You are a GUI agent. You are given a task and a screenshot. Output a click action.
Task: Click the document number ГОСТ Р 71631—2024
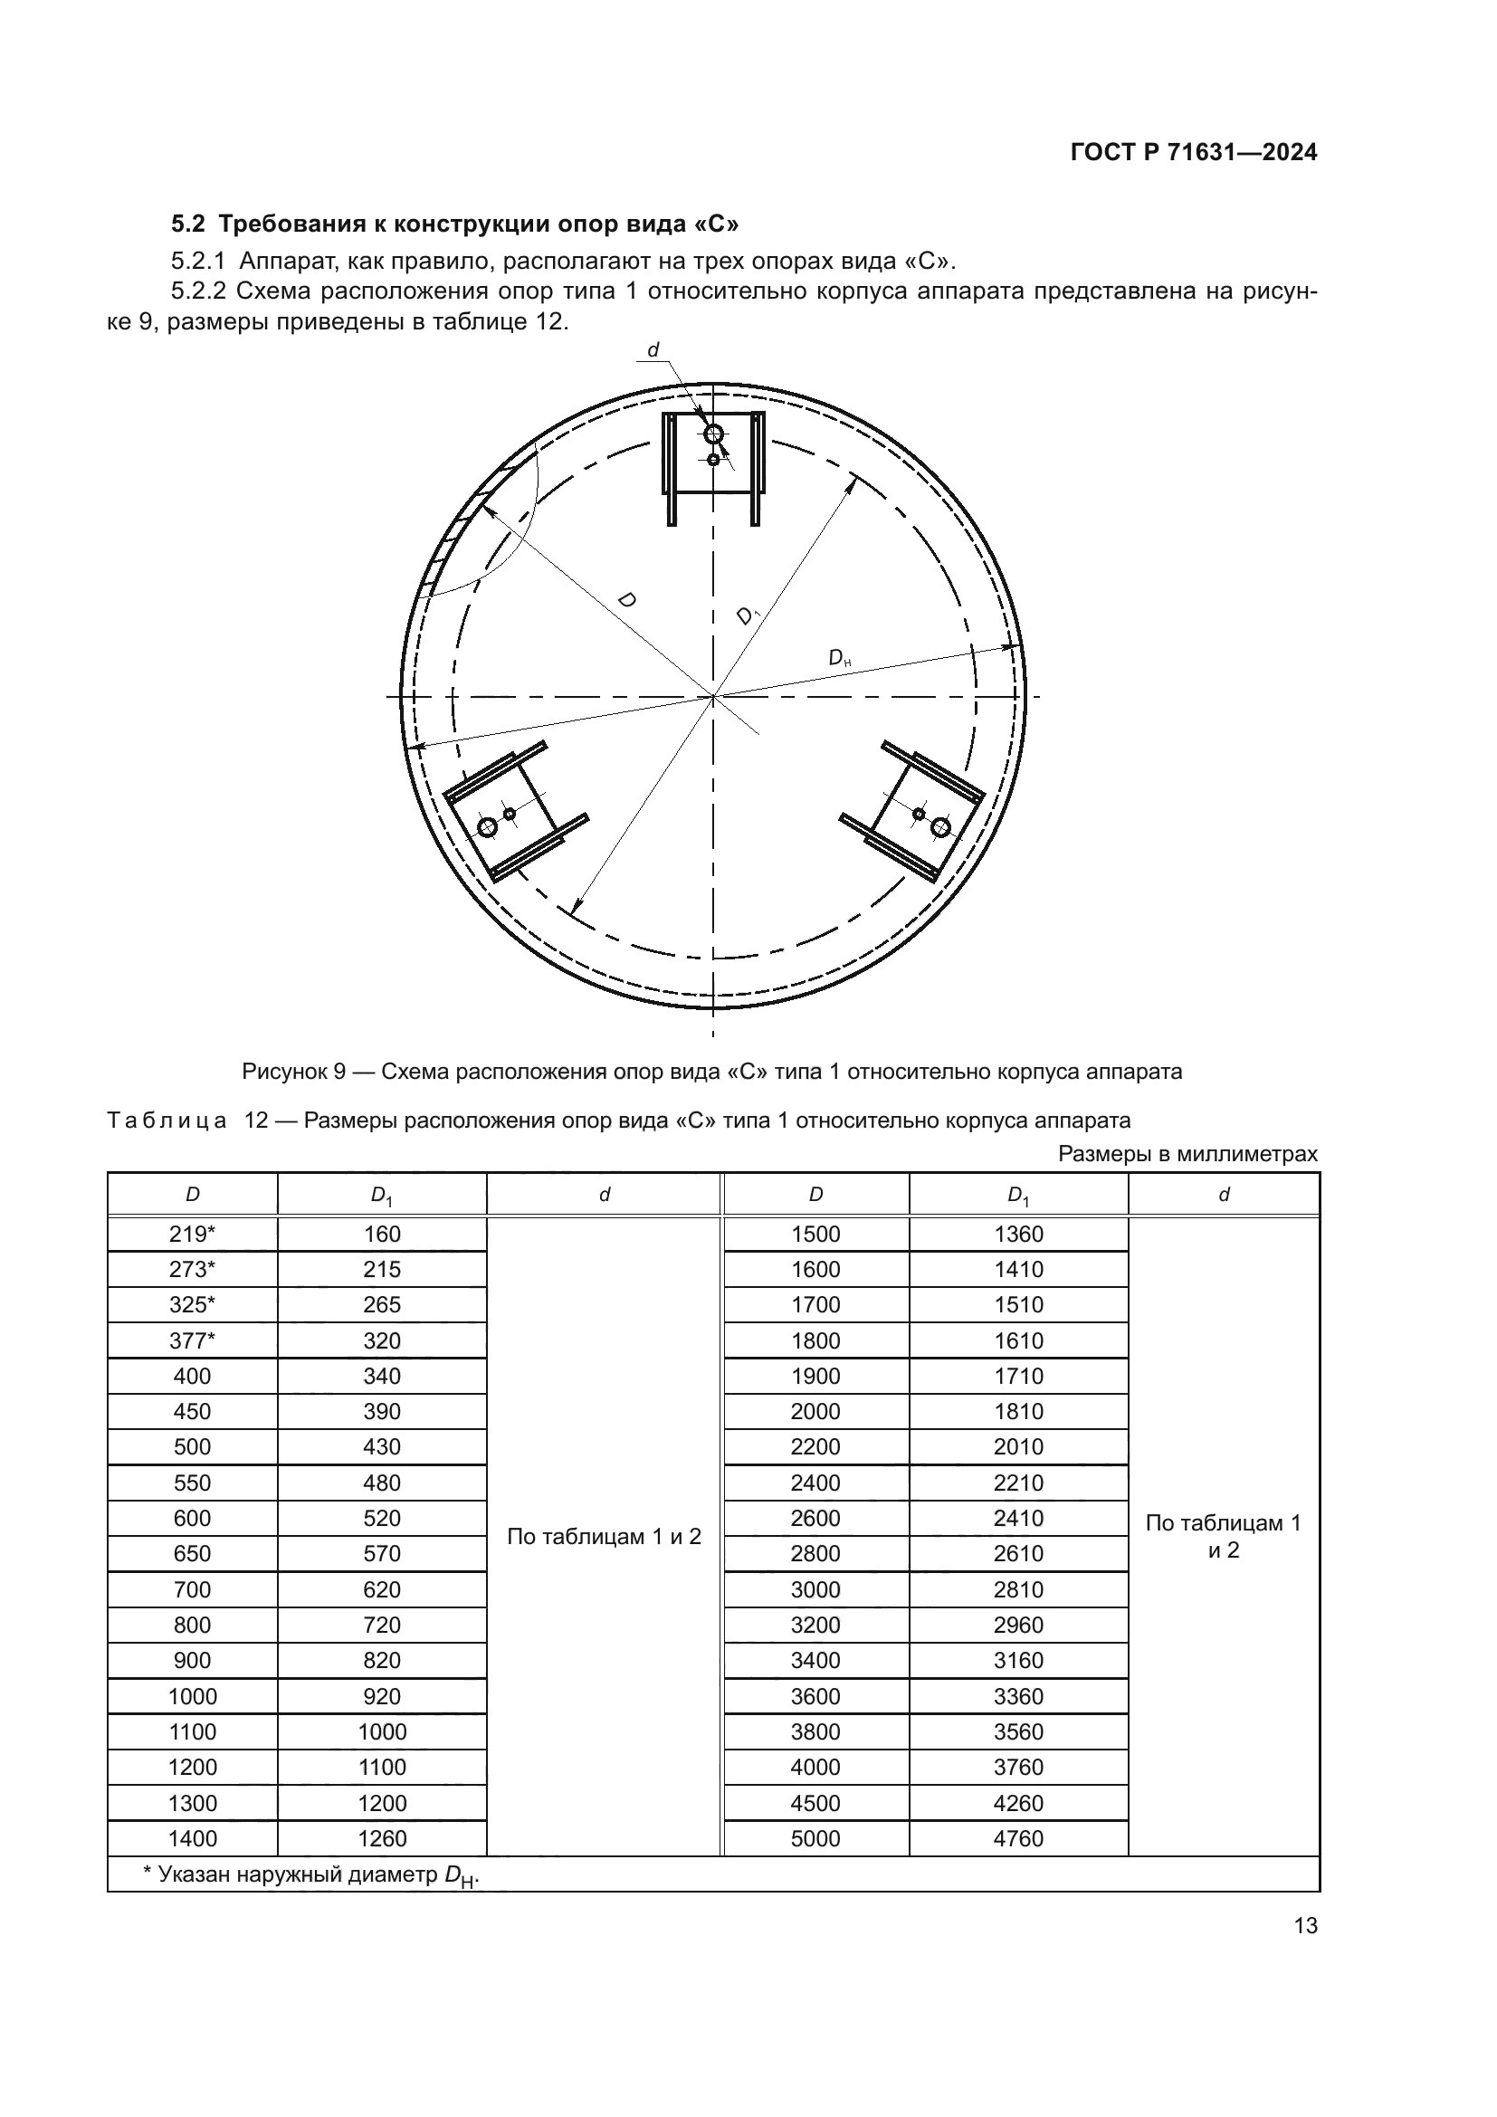pyautogui.click(x=1194, y=152)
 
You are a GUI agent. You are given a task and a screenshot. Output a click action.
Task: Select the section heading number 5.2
pyautogui.click(x=190, y=224)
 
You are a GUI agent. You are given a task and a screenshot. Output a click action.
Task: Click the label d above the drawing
pyautogui.click(x=653, y=349)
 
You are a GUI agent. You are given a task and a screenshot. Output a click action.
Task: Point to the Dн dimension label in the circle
pyautogui.click(x=839, y=658)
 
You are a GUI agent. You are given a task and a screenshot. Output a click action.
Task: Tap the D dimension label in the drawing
pyautogui.click(x=626, y=600)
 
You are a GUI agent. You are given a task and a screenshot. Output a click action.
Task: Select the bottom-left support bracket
pyautogui.click(x=512, y=812)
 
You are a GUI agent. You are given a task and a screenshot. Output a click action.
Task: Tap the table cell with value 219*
pyautogui.click(x=192, y=1234)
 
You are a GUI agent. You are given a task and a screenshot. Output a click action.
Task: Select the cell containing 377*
pyautogui.click(x=192, y=1340)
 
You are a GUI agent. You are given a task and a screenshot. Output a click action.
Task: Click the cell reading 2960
pyautogui.click(x=1017, y=1625)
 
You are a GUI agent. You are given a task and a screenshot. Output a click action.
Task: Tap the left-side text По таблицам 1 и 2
pyautogui.click(x=604, y=1536)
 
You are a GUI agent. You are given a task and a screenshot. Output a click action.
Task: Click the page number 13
pyautogui.click(x=1305, y=1925)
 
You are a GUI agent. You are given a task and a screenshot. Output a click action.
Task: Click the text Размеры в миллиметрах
pyautogui.click(x=1187, y=1153)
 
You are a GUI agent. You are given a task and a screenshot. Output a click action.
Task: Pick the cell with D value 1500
pyautogui.click(x=815, y=1234)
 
